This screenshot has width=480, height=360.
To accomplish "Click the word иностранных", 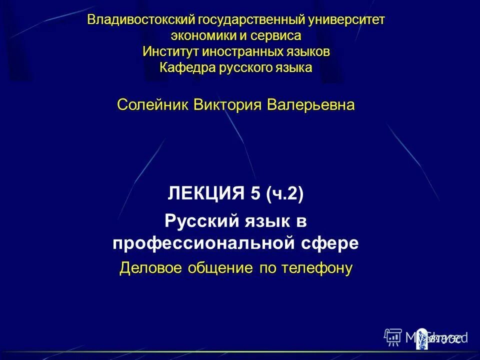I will coord(235,51).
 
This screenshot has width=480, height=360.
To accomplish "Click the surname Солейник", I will coord(153,105).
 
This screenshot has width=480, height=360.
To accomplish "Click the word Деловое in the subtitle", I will coord(151,268).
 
